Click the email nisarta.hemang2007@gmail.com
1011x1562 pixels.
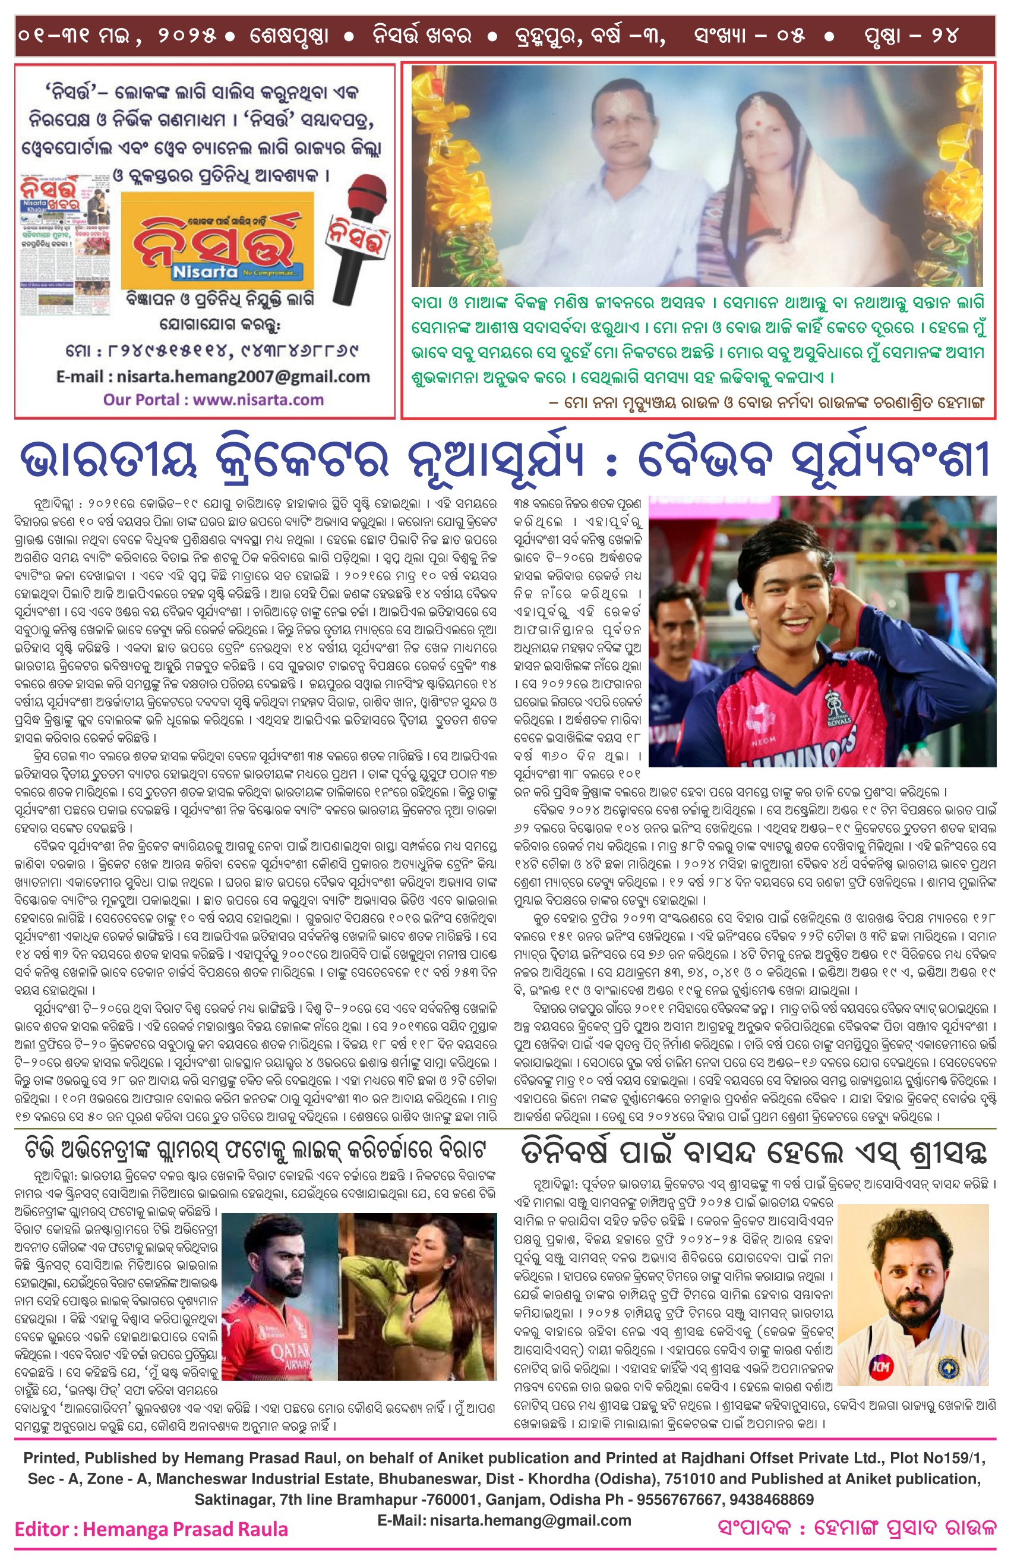coord(213,377)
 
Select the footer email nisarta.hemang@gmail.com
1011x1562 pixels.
coord(504,1520)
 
